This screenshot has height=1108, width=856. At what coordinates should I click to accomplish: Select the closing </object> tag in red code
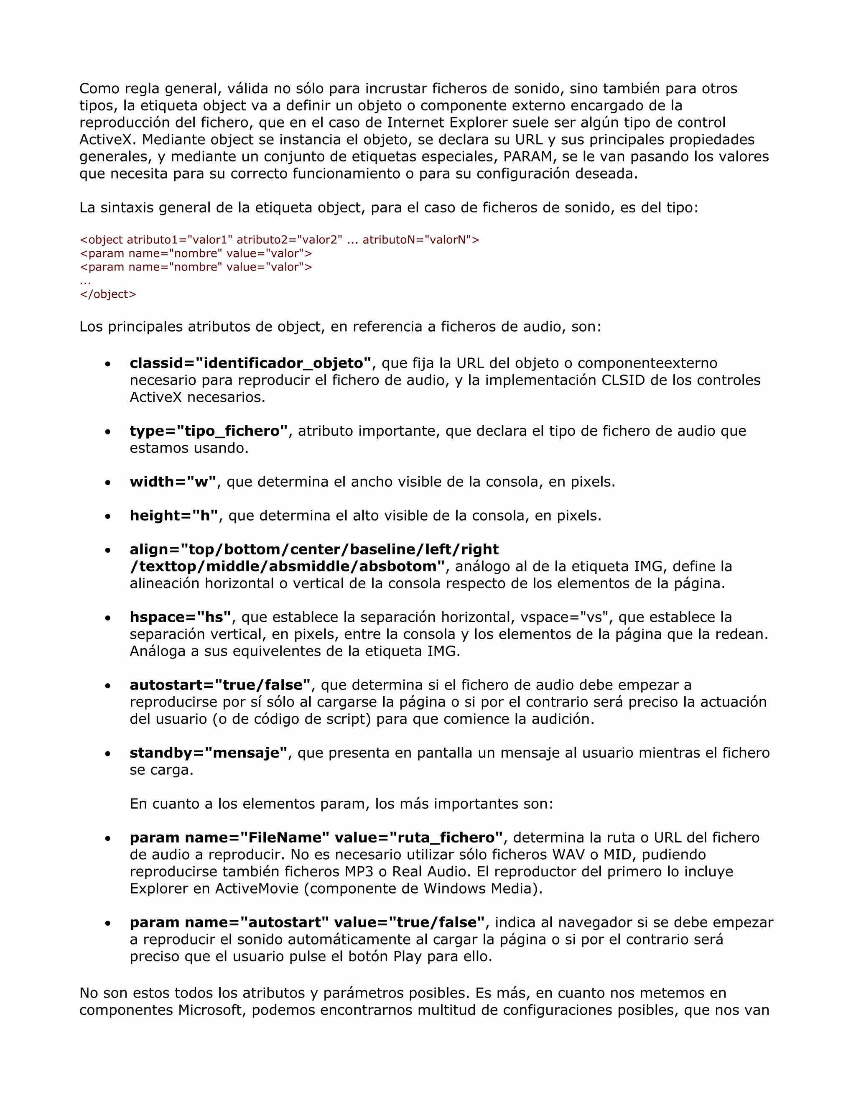click(x=108, y=294)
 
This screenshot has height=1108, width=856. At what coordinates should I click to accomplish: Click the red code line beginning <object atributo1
click(x=279, y=240)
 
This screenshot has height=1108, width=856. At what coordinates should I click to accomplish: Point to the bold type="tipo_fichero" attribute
click(x=209, y=431)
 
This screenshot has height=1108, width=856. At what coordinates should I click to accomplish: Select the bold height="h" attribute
click(x=174, y=516)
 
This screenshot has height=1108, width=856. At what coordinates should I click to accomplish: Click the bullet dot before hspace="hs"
click(x=107, y=618)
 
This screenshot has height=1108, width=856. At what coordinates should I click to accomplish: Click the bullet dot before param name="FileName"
click(x=107, y=839)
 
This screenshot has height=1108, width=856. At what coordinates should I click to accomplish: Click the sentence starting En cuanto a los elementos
click(x=341, y=804)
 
